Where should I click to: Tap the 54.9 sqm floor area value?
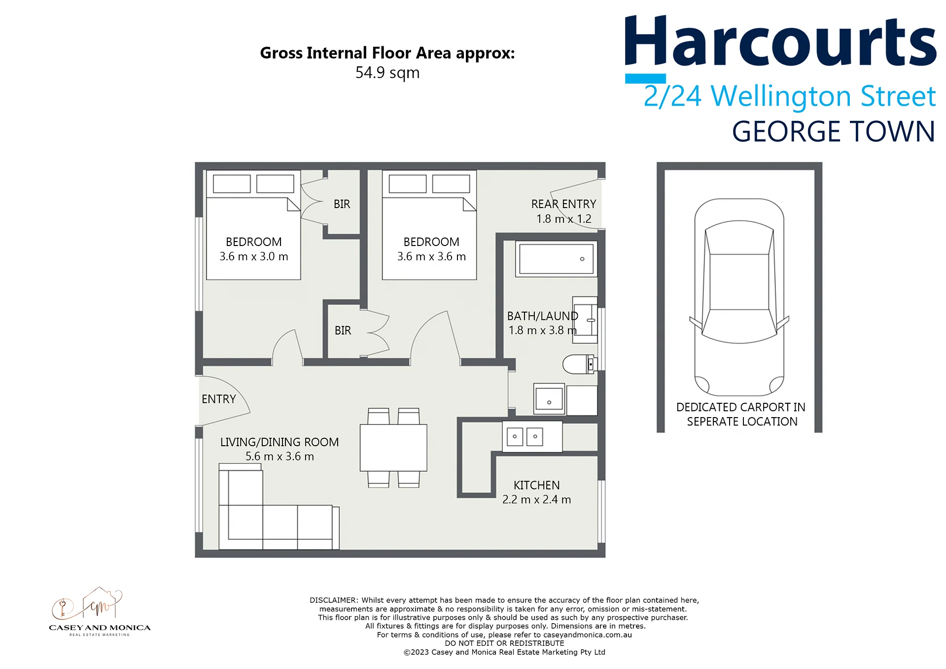click(387, 73)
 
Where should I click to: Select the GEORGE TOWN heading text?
click(833, 132)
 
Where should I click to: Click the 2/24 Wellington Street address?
click(789, 96)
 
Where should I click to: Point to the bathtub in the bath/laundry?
click(556, 259)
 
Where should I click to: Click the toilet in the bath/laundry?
click(580, 364)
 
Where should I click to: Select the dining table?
click(393, 448)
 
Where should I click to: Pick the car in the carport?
click(739, 297)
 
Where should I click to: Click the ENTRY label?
click(218, 399)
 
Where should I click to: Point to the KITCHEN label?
click(536, 485)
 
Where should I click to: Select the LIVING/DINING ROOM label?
click(280, 442)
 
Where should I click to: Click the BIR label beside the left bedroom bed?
click(342, 204)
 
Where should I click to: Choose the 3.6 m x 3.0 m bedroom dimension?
click(254, 256)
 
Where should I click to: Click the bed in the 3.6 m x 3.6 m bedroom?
click(429, 225)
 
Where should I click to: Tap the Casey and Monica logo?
click(100, 611)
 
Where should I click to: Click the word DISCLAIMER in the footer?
click(333, 600)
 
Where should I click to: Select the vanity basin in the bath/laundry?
click(585, 320)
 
